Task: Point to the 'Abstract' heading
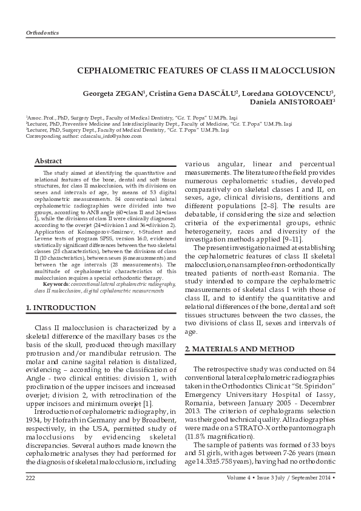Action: click(48, 161)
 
